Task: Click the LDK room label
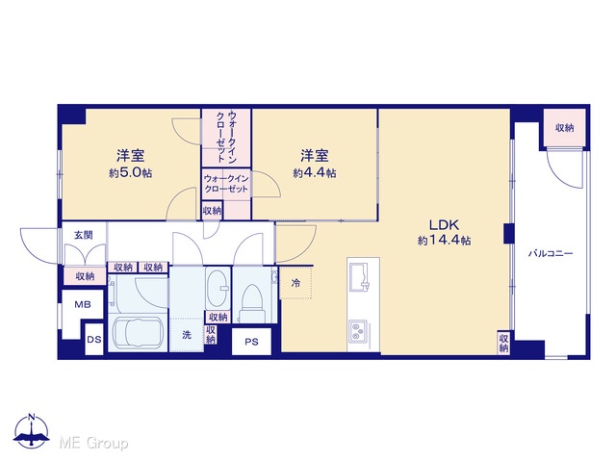444,225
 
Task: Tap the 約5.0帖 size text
131,173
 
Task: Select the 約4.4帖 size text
315,173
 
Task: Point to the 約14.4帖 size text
444,240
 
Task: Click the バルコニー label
550,253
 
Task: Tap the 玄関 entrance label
84,235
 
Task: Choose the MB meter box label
83,304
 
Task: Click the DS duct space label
94,339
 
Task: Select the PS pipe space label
251,342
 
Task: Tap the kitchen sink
360,277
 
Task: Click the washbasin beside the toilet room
218,287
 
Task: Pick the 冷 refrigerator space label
295,283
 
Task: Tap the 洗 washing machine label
187,335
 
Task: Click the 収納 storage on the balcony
565,128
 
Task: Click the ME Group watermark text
93,443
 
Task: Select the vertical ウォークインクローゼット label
227,137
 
